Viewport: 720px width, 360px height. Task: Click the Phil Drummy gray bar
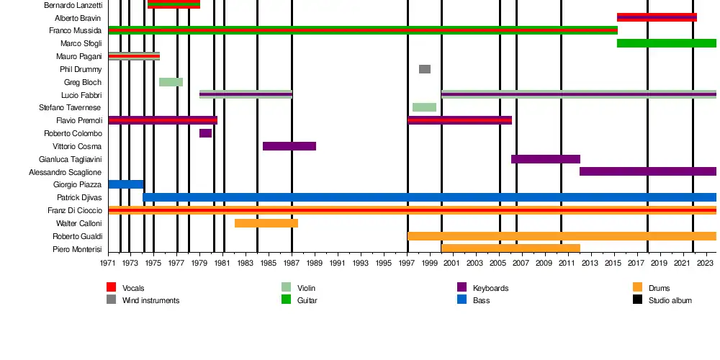tap(425, 69)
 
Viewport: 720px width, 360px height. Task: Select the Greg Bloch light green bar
tap(171, 82)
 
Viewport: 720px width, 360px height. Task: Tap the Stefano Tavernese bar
tap(424, 107)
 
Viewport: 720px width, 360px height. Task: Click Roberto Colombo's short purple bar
tap(205, 133)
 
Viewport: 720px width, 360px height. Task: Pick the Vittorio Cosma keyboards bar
tap(289, 146)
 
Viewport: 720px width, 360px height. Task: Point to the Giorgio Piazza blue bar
tap(126, 184)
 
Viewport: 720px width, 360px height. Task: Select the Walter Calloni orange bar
tap(266, 223)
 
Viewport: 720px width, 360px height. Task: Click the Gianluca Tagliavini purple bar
tap(546, 159)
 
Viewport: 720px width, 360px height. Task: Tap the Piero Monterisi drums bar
tap(510, 248)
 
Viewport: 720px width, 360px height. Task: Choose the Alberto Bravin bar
tap(657, 17)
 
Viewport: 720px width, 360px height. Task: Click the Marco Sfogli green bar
tap(666, 43)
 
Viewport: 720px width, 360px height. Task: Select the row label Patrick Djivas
tap(79, 197)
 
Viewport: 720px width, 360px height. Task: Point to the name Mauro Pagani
tap(78, 56)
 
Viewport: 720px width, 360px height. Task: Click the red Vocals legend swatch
tap(111, 288)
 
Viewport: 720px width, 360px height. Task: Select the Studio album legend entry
tap(670, 300)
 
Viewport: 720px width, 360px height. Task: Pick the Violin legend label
tap(306, 288)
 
